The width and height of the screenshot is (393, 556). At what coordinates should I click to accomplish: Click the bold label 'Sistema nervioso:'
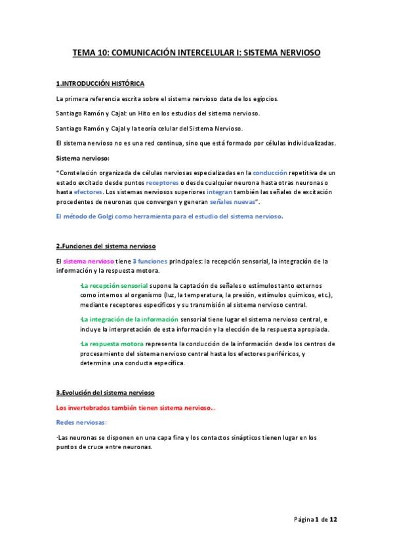[x=83, y=158]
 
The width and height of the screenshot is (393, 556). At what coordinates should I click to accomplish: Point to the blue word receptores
[x=161, y=182]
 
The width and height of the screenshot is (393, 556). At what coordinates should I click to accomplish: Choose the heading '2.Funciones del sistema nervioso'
[x=106, y=247]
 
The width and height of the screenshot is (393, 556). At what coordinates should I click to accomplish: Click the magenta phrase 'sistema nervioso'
[x=89, y=261]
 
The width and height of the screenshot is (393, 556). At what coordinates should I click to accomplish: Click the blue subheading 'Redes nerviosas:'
[x=81, y=424]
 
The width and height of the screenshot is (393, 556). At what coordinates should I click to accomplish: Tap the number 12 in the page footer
[x=333, y=519]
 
